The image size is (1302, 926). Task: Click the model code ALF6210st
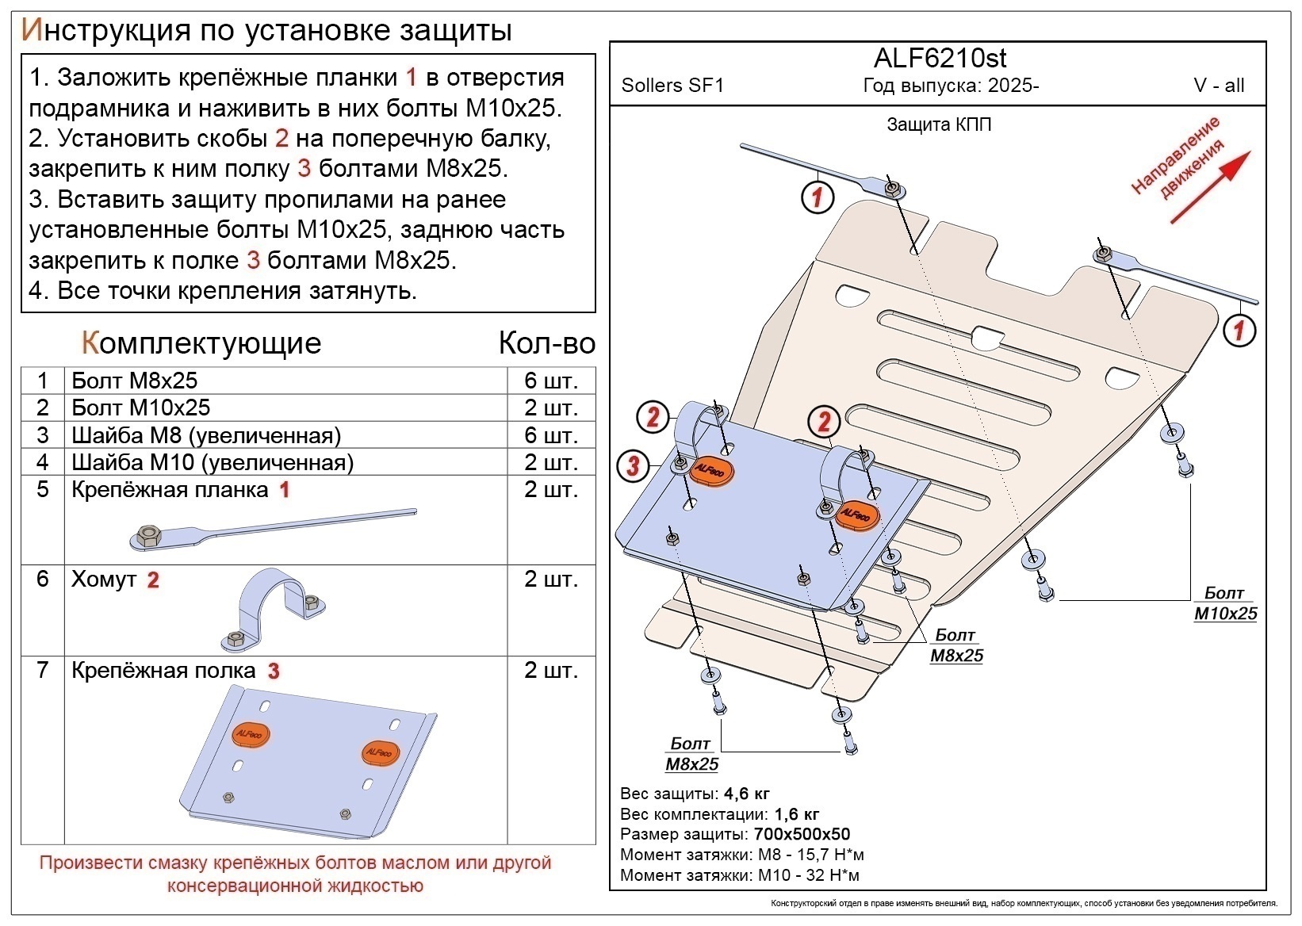(x=940, y=58)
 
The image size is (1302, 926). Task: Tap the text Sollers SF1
(x=672, y=86)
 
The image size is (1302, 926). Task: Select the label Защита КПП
(x=939, y=124)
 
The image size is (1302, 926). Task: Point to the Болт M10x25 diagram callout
(x=1225, y=603)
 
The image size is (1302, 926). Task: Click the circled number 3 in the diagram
(x=633, y=465)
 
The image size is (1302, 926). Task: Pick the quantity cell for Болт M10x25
(x=550, y=408)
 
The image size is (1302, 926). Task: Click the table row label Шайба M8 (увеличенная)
(x=206, y=435)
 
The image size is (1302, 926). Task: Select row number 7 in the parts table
(x=43, y=671)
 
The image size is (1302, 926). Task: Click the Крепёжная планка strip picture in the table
(x=270, y=529)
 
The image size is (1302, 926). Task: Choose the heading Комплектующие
(x=201, y=343)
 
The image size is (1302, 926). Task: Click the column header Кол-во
(x=546, y=343)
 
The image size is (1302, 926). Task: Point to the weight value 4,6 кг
(x=747, y=794)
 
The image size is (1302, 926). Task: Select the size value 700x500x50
(x=801, y=834)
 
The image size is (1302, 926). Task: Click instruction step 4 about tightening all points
(x=223, y=291)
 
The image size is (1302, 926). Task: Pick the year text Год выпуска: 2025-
(x=951, y=86)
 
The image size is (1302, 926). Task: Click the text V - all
(x=1219, y=86)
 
